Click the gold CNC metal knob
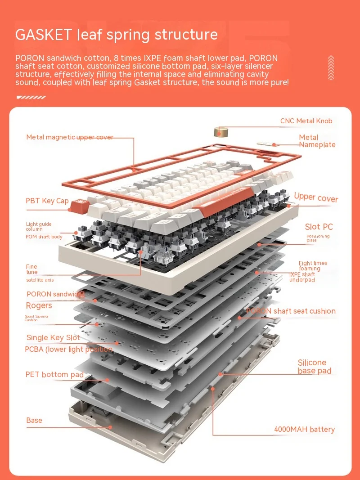pos(220,131)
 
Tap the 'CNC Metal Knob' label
pos(306,121)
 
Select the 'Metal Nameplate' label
pos(317,141)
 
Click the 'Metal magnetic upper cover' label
pos(70,137)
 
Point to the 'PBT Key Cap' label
pos(47,201)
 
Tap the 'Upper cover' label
pos(316,197)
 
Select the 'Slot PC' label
pos(319,227)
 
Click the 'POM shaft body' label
pos(44,237)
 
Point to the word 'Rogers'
pos(39,305)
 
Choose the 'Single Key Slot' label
pos(53,337)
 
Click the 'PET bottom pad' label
pos(54,374)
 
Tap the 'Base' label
pos(34,420)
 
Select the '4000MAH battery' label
pos(304,429)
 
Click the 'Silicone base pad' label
pos(314,367)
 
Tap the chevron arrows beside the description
pos(331,67)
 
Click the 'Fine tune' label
pos(31,269)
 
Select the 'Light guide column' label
pos(39,226)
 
